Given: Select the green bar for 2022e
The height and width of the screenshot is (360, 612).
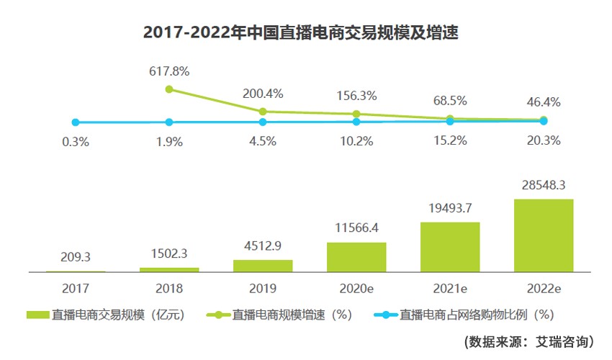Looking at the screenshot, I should coord(544,235).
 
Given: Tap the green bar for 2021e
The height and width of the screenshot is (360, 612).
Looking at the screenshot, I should coord(450,247).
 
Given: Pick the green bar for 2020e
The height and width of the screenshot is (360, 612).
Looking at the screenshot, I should coord(356,257).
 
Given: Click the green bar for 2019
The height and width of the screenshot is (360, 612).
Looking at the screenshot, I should coord(263,266).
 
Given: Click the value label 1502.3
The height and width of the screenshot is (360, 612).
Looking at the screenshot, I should coord(169,254).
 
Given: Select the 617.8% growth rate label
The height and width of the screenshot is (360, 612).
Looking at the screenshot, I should coord(169,71).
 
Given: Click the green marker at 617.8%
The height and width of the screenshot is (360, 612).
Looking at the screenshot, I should coord(169,89).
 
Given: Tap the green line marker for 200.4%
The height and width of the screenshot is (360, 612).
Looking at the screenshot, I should coord(263,112).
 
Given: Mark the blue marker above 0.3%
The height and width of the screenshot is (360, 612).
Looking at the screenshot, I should coord(76,122).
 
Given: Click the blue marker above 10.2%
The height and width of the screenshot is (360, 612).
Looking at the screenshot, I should coord(356,122).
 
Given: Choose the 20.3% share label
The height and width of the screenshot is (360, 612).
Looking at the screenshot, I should coord(544,141).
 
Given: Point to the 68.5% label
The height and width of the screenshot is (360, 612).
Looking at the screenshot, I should coord(450,99).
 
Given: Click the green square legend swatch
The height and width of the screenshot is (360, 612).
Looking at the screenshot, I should coord(37,315).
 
